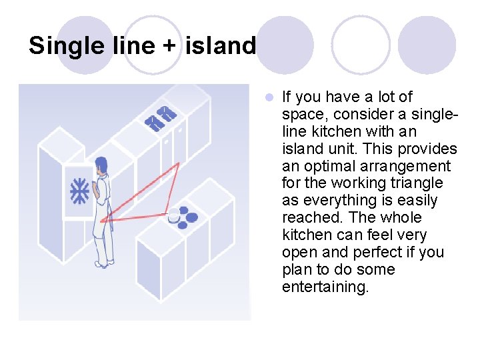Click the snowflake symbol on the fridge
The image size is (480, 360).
80,191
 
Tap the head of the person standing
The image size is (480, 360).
101,165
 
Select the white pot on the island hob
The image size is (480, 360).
174,215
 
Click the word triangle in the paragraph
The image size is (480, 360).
419,183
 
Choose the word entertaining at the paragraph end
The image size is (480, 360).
325,287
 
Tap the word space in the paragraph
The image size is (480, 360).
303,114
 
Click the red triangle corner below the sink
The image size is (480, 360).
178,163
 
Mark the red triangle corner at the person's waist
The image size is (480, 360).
101,220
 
